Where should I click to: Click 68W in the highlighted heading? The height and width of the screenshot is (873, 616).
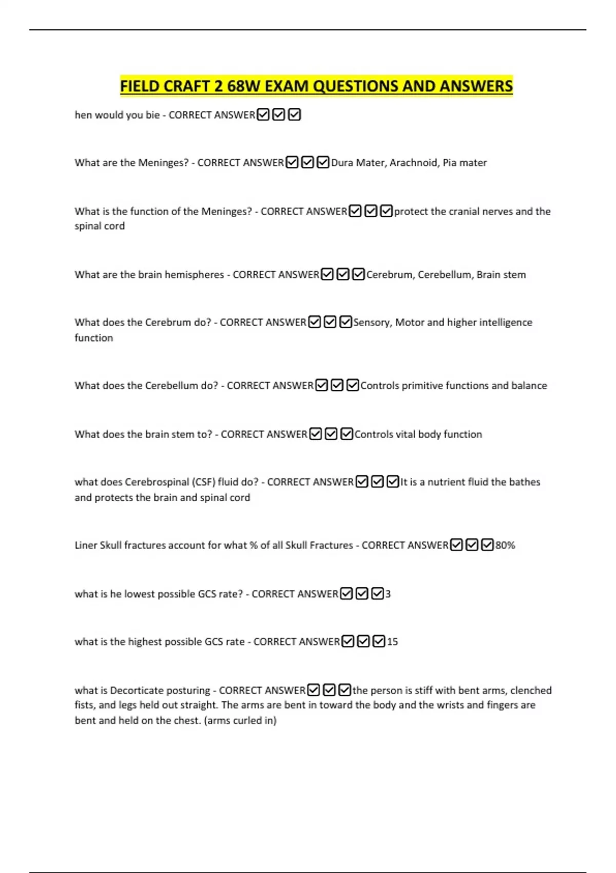(244, 86)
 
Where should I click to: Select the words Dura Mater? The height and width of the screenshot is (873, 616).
(358, 163)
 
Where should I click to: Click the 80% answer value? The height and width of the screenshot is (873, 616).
(505, 545)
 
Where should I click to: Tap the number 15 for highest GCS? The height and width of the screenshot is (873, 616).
(392, 642)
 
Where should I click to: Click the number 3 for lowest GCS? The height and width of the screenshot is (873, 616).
(388, 594)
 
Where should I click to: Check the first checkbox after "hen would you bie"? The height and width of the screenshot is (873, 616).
(263, 115)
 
